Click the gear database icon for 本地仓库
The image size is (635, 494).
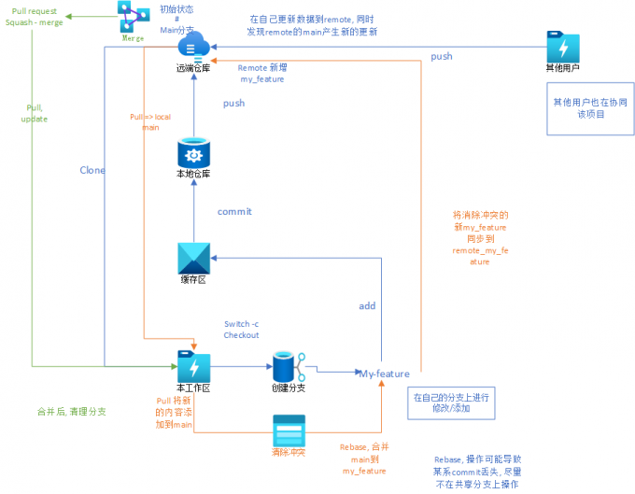[193, 152]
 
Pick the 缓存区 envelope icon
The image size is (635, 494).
[193, 259]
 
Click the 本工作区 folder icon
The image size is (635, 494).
[193, 365]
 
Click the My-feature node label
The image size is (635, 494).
[385, 374]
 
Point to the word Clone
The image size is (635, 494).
[92, 170]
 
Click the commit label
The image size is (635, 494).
[234, 211]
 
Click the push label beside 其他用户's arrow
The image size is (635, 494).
[442, 57]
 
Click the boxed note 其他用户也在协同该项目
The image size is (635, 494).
[589, 107]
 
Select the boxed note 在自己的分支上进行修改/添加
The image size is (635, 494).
[453, 402]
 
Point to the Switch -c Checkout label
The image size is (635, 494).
[241, 330]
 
